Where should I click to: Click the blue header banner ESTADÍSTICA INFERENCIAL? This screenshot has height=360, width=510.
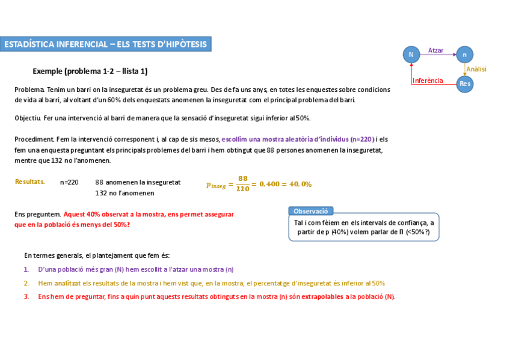[x=106, y=44]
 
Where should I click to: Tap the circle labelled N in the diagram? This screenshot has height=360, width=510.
[x=411, y=54]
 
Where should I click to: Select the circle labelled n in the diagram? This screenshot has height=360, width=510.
[x=464, y=54]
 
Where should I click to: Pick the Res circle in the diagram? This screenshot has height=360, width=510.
[x=464, y=84]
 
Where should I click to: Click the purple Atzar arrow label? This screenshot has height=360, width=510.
[x=436, y=50]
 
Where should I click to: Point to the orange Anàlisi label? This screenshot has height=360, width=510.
[x=476, y=69]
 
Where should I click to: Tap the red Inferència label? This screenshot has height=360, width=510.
[x=428, y=81]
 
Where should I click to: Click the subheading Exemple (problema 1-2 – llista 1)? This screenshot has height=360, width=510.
[x=90, y=71]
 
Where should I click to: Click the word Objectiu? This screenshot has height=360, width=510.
[x=28, y=118]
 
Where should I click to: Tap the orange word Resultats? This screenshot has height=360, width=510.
[x=29, y=182]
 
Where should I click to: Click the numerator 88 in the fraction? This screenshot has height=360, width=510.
[x=243, y=178]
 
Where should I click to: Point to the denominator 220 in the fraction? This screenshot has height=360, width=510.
[x=243, y=189]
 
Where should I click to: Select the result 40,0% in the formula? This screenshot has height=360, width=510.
[x=300, y=184]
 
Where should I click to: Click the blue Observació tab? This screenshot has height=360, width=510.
[x=311, y=211]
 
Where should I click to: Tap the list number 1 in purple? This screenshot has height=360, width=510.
[x=26, y=269]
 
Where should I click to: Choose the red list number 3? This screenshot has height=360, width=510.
[x=26, y=296]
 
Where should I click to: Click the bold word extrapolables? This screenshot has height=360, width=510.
[x=322, y=296]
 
